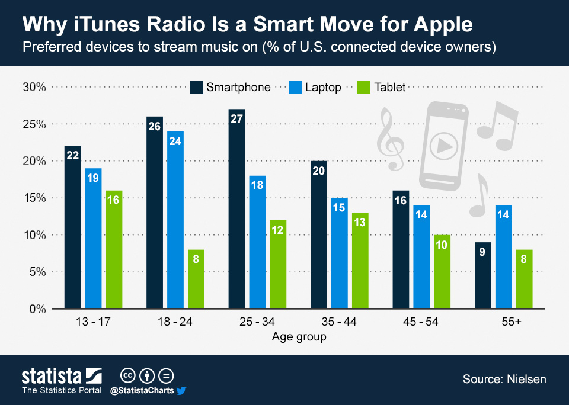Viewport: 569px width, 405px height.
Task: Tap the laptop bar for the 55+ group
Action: pos(504,257)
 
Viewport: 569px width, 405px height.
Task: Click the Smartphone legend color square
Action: pos(196,87)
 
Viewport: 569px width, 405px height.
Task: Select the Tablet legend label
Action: pos(389,87)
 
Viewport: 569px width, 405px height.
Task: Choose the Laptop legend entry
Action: pos(323,87)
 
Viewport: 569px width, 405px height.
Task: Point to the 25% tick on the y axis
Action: pos(34,124)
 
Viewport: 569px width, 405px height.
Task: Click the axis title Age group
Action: pos(299,337)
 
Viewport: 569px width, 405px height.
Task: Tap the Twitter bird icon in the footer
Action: pos(182,390)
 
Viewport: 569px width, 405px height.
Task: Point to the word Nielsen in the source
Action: pos(525,379)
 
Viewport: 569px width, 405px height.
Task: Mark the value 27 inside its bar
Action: pos(236,118)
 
